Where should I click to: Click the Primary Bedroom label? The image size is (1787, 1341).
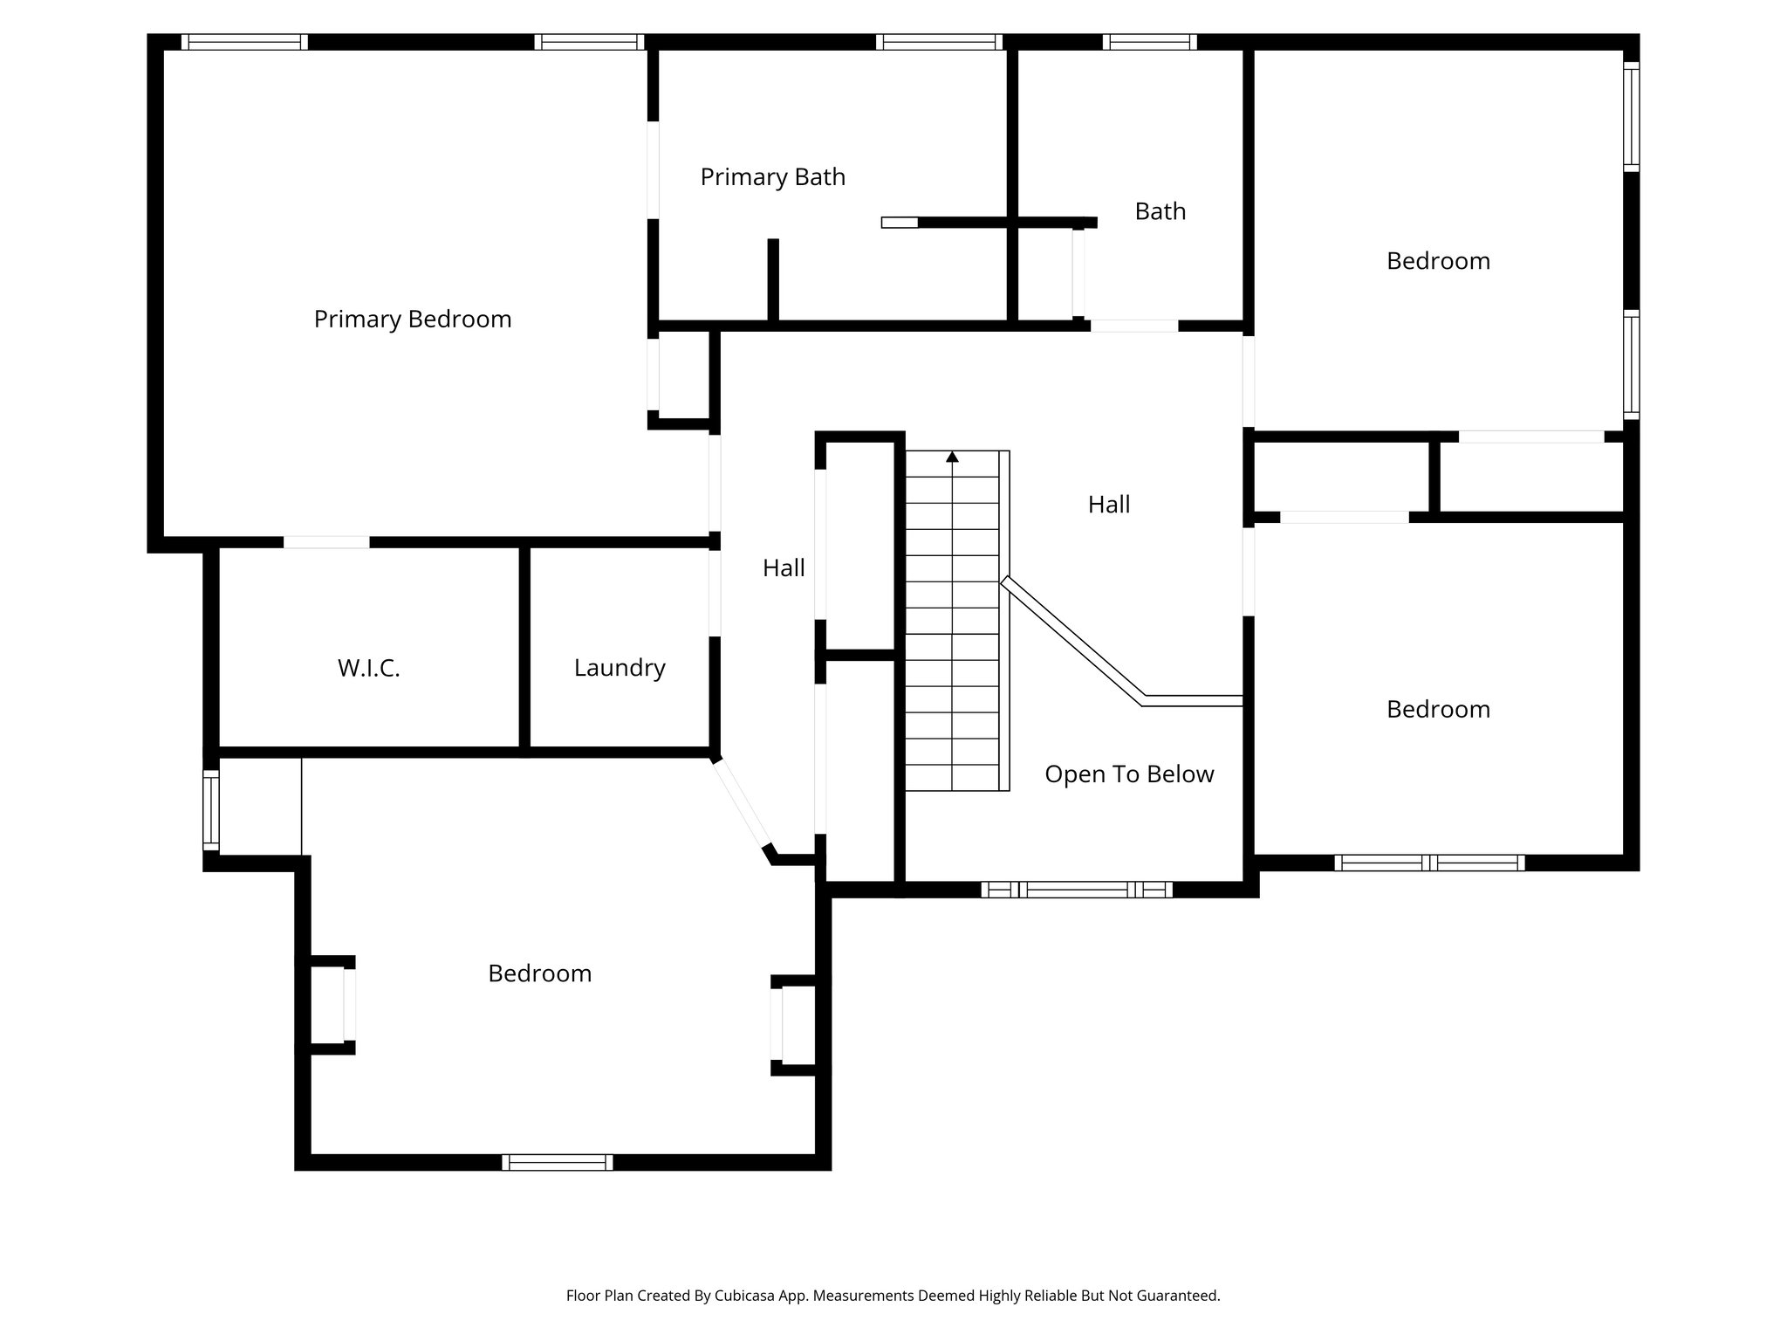(413, 320)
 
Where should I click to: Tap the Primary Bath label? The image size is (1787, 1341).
(772, 177)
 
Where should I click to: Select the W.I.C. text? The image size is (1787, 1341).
(368, 669)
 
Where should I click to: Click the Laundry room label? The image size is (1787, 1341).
(620, 668)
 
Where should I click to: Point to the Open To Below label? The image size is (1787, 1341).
(1129, 774)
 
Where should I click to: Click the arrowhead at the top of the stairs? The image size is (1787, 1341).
(952, 457)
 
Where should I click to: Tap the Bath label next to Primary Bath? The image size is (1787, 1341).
(1160, 211)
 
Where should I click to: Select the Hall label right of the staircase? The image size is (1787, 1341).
(1109, 505)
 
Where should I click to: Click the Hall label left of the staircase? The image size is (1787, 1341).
(784, 568)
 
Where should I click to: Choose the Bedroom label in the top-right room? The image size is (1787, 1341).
(1438, 261)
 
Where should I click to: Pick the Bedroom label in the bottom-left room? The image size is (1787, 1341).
(539, 973)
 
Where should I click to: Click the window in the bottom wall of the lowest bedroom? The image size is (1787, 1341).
(557, 1162)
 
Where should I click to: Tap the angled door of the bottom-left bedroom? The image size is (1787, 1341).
(741, 804)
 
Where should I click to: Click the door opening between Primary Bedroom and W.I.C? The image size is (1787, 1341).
(326, 542)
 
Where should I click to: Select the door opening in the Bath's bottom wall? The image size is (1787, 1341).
(1133, 326)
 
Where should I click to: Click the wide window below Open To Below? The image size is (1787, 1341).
(1076, 890)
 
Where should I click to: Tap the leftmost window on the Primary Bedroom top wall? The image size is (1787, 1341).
(244, 42)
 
